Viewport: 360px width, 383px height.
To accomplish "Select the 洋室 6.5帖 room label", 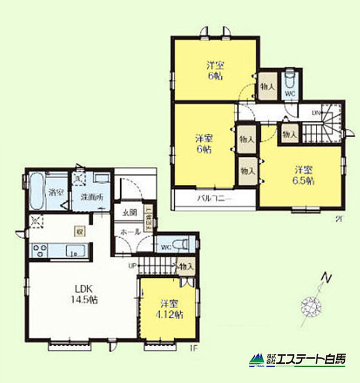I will (303, 175).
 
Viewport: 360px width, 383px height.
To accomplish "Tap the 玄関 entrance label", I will (129, 213).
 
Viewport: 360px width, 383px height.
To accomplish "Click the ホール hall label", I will (129, 232).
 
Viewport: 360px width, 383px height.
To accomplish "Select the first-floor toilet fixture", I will (182, 243).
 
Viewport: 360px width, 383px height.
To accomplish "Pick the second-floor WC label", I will (290, 92).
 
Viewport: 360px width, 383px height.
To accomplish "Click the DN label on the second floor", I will (316, 113).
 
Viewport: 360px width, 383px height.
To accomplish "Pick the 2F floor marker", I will (338, 219).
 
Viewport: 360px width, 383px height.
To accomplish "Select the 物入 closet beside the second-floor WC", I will (268, 86).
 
